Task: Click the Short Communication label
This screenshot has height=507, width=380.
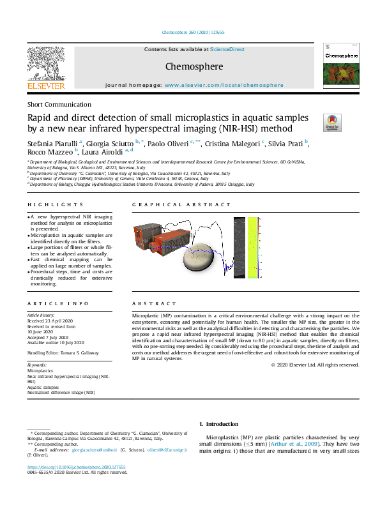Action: pyautogui.click(x=59, y=104)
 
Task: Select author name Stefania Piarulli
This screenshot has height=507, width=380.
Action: pyautogui.click(x=52, y=143)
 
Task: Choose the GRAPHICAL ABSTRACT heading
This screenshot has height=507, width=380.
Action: pyautogui.click(x=181, y=205)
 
